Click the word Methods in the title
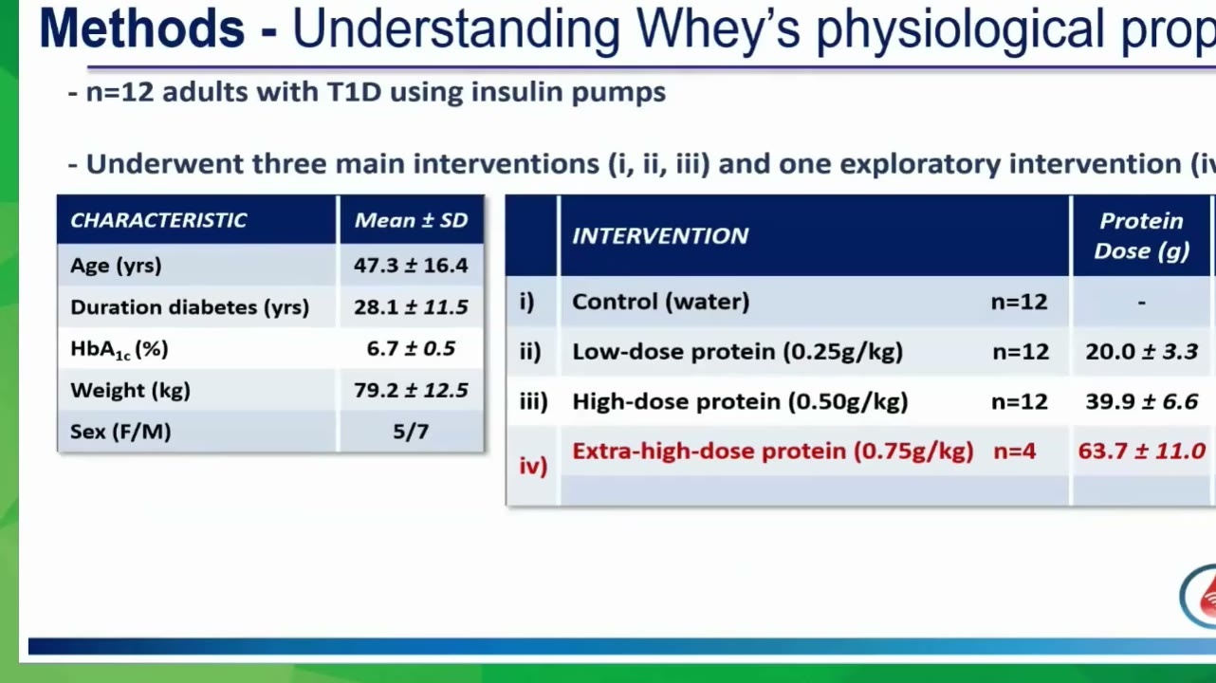click(x=142, y=28)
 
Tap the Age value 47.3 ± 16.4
click(x=411, y=266)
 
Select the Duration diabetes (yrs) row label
click(x=190, y=307)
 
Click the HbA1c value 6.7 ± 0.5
click(x=411, y=348)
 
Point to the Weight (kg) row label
click(x=130, y=391)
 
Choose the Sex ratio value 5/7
click(x=411, y=432)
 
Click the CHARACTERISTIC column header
click(x=158, y=220)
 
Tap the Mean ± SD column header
click(x=411, y=220)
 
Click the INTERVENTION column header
click(x=660, y=236)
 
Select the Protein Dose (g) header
click(x=1142, y=236)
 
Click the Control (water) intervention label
click(x=661, y=302)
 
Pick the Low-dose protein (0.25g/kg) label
click(x=738, y=352)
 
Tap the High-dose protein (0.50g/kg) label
click(x=740, y=402)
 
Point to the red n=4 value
click(x=1015, y=452)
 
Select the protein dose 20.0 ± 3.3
click(x=1142, y=352)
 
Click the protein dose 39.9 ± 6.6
click(x=1142, y=402)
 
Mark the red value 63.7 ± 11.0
click(x=1142, y=452)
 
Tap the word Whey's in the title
click(x=718, y=29)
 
